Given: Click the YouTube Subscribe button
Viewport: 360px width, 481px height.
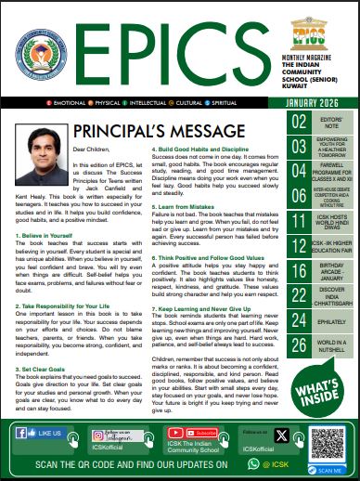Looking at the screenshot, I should (x=198, y=433).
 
